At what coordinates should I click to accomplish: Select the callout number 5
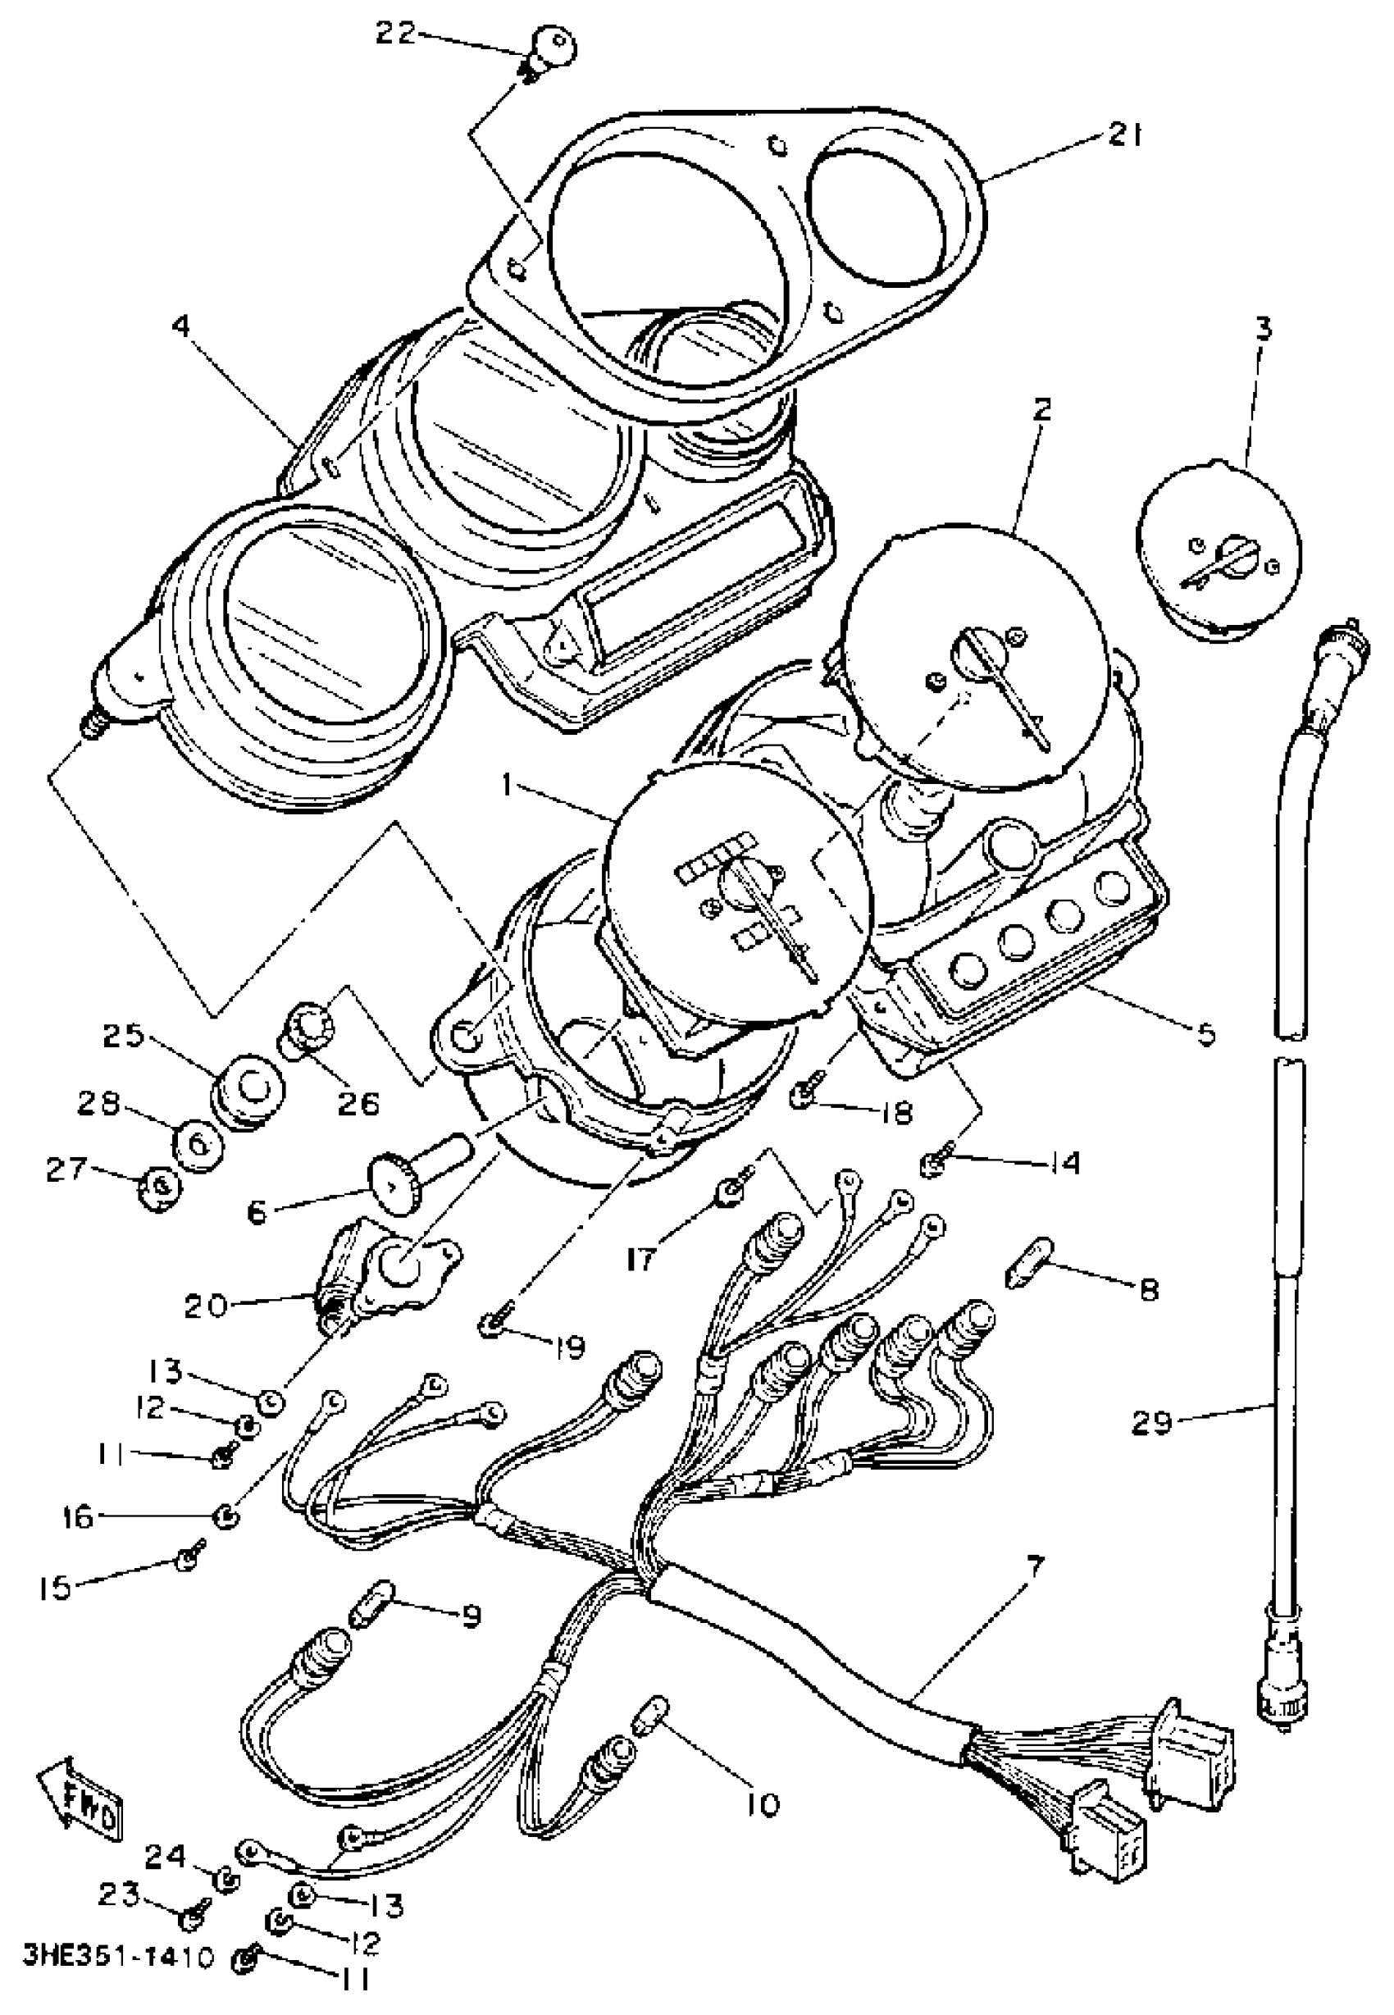tap(1205, 1034)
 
